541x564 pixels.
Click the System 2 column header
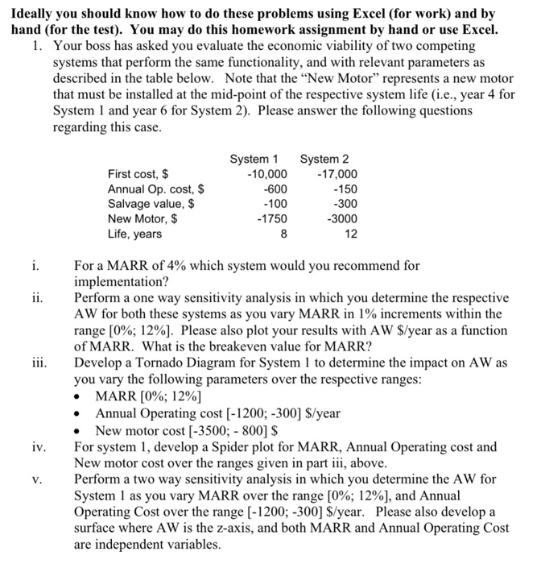pos(324,159)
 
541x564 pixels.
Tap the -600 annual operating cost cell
pos(274,189)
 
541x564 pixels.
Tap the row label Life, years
pos(134,234)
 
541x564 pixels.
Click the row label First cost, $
pos(138,174)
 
